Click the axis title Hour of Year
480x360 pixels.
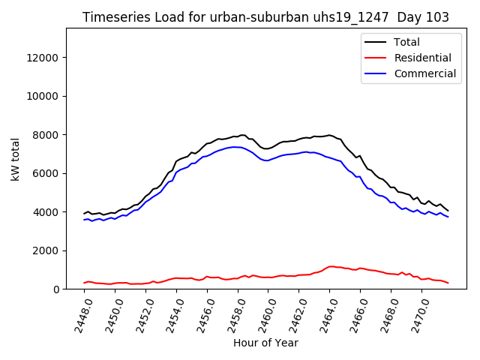(265, 343)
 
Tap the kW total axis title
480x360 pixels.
(16, 159)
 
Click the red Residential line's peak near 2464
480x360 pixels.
(331, 266)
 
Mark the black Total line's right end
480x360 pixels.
(448, 211)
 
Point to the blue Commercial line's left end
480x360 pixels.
(84, 220)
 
